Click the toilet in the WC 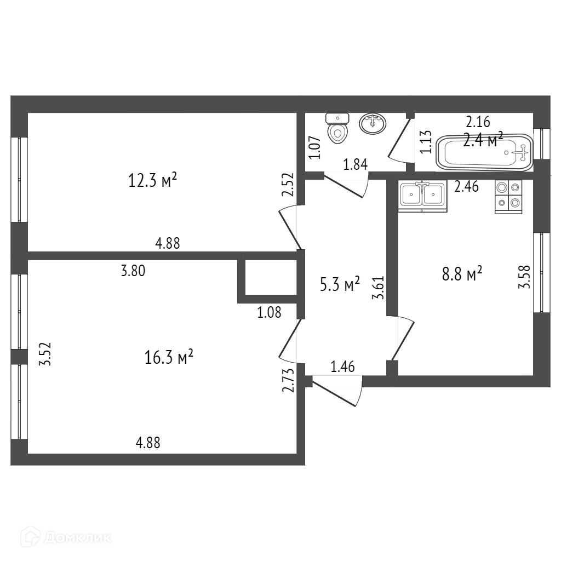(x=337, y=128)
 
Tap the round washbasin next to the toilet (x=373, y=123)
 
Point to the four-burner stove (x=508, y=196)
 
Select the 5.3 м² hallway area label (x=340, y=284)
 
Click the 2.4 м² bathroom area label (x=483, y=140)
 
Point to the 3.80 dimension (x=133, y=270)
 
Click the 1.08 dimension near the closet (x=269, y=313)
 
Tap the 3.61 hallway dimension (x=377, y=287)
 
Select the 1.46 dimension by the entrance (x=343, y=367)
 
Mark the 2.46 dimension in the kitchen (x=467, y=187)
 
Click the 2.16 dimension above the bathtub (x=478, y=122)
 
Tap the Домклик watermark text (x=77, y=537)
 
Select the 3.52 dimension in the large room (x=47, y=354)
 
